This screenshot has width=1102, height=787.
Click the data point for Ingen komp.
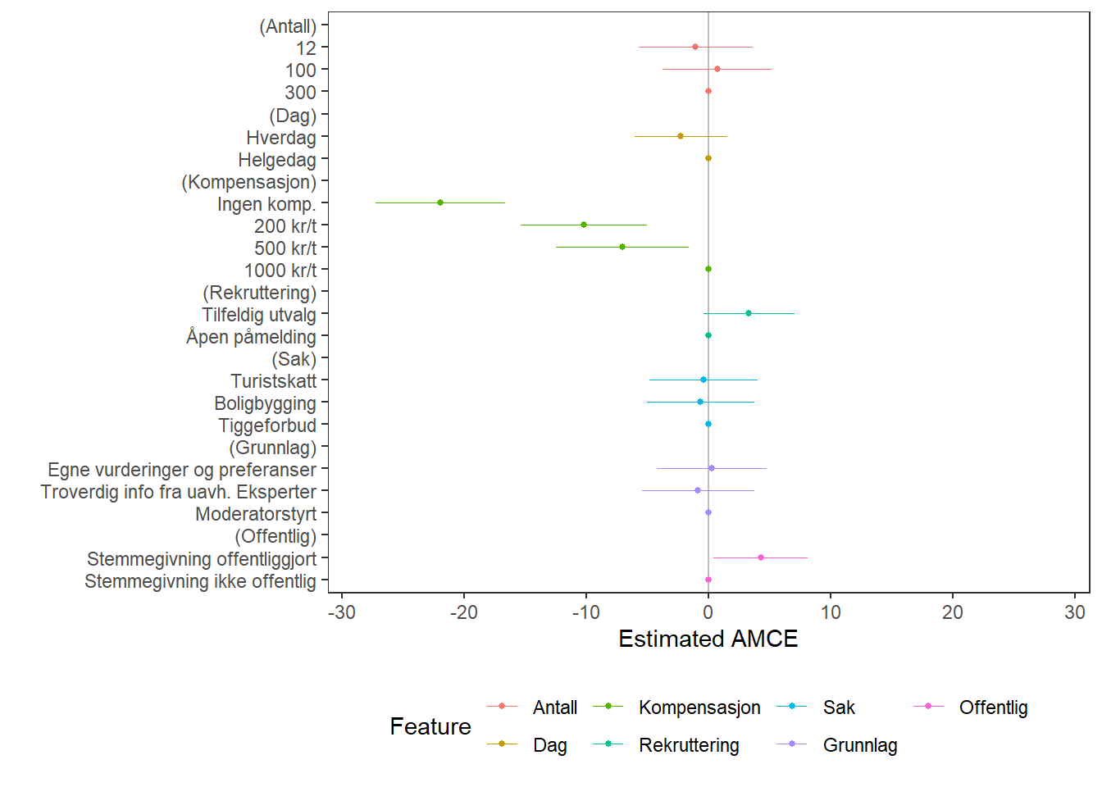440,202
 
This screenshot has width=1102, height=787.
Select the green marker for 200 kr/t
584,225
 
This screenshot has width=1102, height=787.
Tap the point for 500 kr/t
622,247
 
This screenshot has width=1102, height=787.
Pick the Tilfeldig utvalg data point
749,313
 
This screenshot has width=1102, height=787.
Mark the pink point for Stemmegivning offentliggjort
761,557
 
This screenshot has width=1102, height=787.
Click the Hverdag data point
681,136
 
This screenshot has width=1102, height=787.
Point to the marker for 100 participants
717,69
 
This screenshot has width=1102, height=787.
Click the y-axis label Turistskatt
273,381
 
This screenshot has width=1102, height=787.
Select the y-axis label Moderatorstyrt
256,514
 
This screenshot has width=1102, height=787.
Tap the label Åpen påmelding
251,337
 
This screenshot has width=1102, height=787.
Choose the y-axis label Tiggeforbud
267,425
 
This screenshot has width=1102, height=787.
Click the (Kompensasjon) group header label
248,182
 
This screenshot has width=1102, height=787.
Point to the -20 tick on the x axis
464,612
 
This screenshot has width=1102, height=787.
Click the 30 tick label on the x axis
1075,612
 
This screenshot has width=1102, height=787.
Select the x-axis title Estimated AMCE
708,639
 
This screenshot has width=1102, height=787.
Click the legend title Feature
430,726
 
